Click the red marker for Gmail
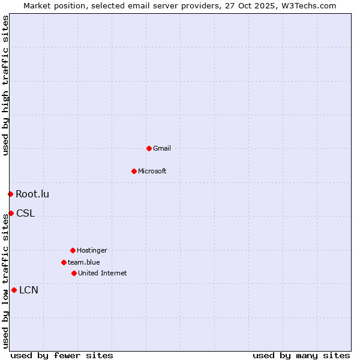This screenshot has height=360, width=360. [149, 148]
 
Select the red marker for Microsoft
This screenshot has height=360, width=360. [134, 171]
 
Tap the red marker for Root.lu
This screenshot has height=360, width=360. [10, 194]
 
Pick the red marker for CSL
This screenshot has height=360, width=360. [11, 213]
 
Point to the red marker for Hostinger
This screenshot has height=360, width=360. [73, 250]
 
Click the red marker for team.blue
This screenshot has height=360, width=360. [64, 262]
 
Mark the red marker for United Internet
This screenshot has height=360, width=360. [74, 273]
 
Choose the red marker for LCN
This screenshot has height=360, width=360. [14, 290]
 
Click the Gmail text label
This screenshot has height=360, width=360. [162, 148]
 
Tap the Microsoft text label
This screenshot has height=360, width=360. [152, 171]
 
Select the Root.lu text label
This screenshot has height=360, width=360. [32, 194]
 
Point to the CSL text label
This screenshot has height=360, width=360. [25, 213]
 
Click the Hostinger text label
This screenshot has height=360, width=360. [92, 250]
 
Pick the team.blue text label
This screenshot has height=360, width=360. [84, 262]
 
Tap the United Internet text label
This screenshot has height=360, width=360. [102, 273]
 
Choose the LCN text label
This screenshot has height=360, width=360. [29, 290]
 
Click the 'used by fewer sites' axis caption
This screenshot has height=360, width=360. [62, 355]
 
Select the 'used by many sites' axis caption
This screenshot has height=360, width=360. [301, 355]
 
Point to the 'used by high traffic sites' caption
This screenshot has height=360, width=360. [5, 86]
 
